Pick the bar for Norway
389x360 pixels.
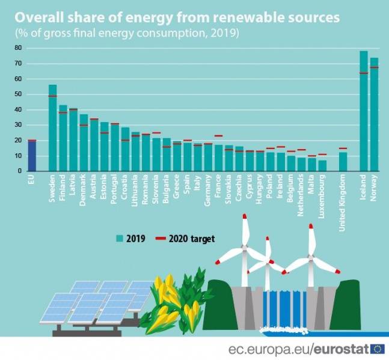click(374, 114)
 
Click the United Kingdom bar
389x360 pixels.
click(343, 162)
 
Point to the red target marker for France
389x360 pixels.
click(218, 136)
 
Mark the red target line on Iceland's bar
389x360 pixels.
click(364, 73)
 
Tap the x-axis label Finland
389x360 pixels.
click(63, 186)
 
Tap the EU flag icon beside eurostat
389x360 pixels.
click(378, 349)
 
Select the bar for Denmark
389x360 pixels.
click(84, 142)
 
